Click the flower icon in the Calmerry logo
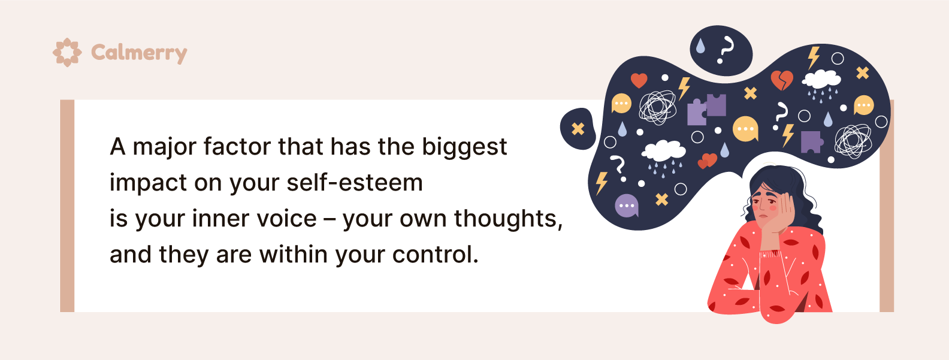pos(67,53)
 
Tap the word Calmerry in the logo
pos(139,53)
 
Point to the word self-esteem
pos(354,183)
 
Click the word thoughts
pos(508,219)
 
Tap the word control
pos(435,255)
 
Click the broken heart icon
pos(781,80)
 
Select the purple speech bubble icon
pos(627,206)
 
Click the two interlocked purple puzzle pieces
pos(706,110)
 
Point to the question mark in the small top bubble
pos(725,50)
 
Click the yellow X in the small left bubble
pos(578,129)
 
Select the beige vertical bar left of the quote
pos(67,206)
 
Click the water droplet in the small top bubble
pos(700,46)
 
